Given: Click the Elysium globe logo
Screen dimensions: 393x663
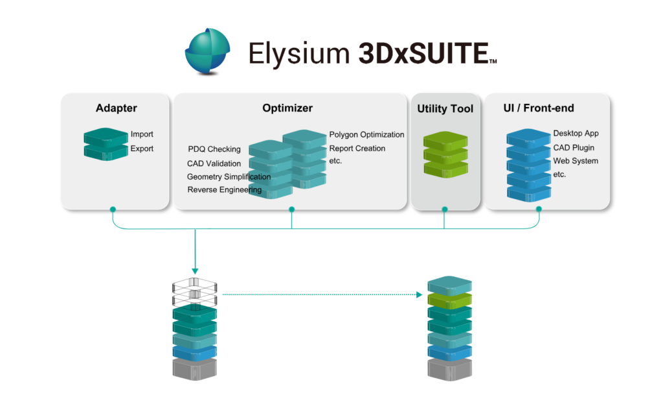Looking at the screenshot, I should click(207, 51).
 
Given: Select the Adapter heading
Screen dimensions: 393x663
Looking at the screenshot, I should click(116, 108).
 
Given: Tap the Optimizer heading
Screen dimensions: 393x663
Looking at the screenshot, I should click(287, 108).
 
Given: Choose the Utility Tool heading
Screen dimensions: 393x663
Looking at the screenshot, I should click(445, 109).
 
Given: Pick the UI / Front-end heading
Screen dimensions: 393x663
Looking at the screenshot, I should click(538, 108).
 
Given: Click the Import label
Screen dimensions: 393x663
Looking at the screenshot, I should click(142, 134).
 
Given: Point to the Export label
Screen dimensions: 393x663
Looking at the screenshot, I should click(142, 149).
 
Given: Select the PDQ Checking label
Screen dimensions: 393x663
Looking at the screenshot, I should click(214, 149).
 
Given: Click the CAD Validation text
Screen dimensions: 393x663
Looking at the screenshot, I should click(214, 163).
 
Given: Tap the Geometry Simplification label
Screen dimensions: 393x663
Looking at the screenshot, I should click(229, 176).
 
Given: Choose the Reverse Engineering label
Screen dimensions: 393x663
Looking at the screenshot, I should click(225, 190).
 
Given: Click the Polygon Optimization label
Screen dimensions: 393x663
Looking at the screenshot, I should click(366, 135).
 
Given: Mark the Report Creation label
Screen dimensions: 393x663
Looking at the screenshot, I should click(357, 149).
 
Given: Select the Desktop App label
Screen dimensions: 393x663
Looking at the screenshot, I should click(576, 134).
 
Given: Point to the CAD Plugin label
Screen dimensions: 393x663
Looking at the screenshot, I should click(574, 148).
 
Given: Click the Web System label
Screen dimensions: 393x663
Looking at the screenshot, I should click(575, 161).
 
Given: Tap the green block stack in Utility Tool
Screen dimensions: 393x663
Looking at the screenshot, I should click(445, 155).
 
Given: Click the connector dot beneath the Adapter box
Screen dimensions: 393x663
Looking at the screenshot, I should click(113, 209).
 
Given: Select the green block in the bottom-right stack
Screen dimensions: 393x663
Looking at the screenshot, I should click(450, 299).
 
